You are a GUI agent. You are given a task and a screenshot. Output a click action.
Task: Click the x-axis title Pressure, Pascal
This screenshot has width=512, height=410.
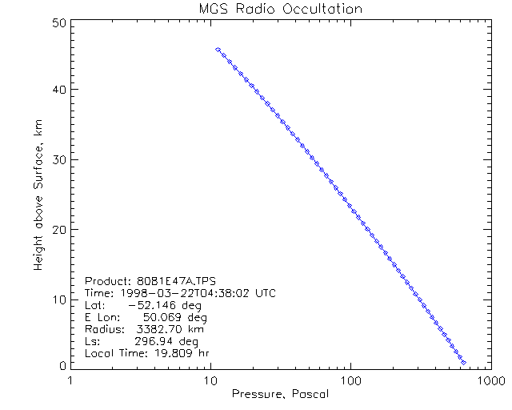[x=280, y=394]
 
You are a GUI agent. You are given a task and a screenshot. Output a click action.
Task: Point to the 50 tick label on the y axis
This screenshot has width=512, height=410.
[x=58, y=23]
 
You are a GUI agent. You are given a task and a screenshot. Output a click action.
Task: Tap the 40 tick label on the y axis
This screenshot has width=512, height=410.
[x=58, y=90]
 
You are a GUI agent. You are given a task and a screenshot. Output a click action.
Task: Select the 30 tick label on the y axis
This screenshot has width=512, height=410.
[x=58, y=159]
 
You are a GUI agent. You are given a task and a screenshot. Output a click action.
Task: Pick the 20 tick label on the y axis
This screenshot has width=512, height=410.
[x=58, y=229]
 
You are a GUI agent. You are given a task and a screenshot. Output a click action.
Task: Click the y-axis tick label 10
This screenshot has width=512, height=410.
[x=58, y=299]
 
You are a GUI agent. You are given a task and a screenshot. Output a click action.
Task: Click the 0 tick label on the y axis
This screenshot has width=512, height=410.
[x=62, y=365]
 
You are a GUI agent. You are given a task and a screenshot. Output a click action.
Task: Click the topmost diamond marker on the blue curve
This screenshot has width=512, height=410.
[x=218, y=50]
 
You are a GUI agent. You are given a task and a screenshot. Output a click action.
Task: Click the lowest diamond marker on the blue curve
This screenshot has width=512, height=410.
[x=464, y=363]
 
